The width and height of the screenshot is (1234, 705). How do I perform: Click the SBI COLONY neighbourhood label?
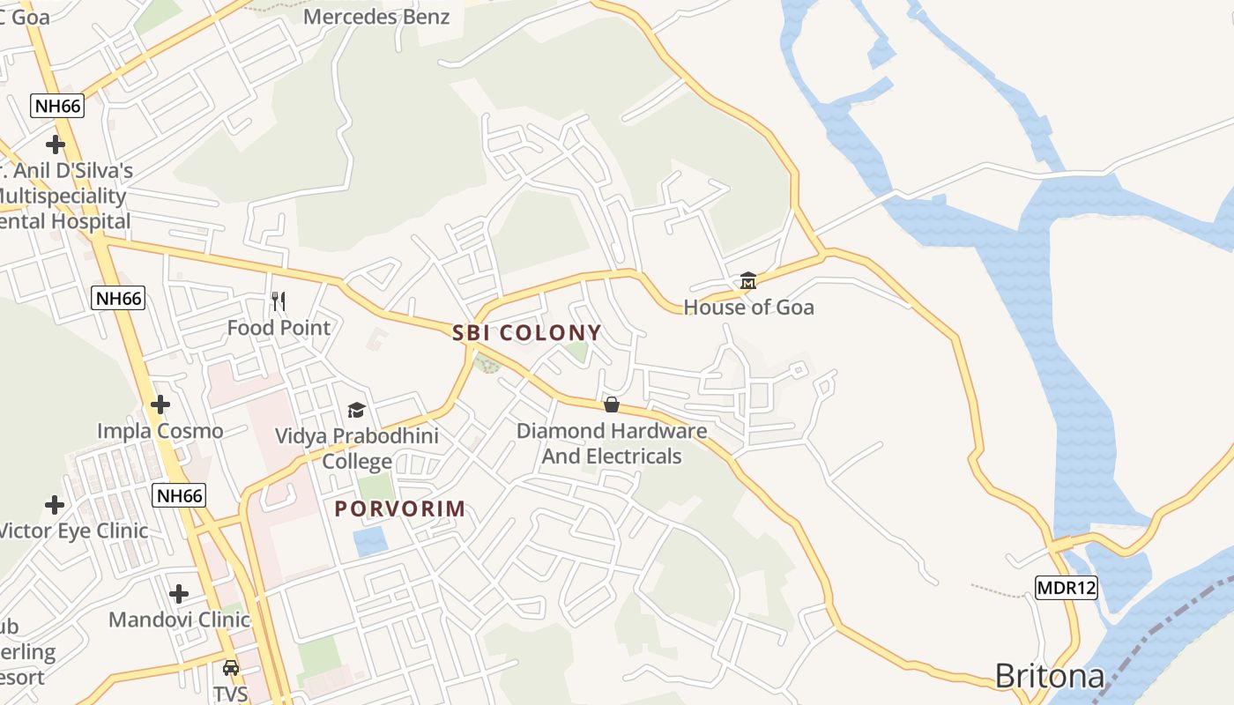click(526, 333)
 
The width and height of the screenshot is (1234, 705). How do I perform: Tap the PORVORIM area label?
click(399, 508)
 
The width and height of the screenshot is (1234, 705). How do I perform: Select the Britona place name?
click(1049, 676)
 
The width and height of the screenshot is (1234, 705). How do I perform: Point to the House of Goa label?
click(748, 308)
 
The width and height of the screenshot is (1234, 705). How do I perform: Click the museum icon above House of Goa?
click(748, 281)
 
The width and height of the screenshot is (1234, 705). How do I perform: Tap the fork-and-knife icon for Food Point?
click(279, 301)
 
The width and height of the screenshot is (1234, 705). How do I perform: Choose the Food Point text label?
click(279, 328)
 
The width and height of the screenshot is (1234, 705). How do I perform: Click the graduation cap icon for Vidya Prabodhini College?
click(356, 410)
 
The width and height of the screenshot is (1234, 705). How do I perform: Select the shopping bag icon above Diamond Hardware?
click(612, 404)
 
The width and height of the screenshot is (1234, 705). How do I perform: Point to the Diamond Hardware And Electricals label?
click(611, 443)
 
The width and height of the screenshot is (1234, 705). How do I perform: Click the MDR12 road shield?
click(1066, 588)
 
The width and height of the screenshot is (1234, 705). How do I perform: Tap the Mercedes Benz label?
click(376, 16)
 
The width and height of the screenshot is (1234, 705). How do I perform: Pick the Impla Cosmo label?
click(160, 431)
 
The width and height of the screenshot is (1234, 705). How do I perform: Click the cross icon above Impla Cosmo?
click(160, 404)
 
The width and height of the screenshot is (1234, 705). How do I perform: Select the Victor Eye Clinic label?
click(72, 531)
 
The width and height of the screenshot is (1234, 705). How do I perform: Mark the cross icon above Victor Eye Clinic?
click(55, 505)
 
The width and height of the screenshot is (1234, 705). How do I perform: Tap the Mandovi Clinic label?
click(179, 620)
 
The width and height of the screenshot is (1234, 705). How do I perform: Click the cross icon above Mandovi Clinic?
click(179, 593)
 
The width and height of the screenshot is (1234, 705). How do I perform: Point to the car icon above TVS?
click(230, 667)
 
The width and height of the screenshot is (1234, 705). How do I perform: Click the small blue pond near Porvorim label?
click(370, 541)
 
